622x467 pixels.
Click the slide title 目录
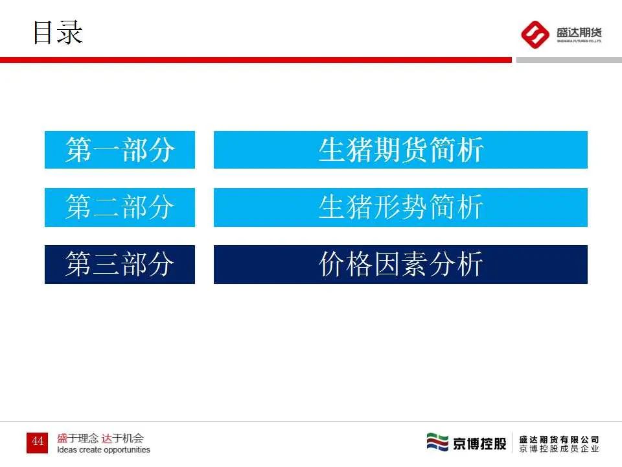[x=58, y=32]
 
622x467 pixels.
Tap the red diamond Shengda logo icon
[x=536, y=34]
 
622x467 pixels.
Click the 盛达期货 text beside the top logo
[x=579, y=32]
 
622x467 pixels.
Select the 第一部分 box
[x=120, y=150]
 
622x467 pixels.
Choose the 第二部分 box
[x=120, y=208]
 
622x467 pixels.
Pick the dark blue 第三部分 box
[x=120, y=265]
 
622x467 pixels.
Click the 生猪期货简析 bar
[x=400, y=150]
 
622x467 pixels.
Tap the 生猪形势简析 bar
[x=400, y=208]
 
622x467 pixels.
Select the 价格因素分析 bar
[x=400, y=265]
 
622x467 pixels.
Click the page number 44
[x=38, y=442]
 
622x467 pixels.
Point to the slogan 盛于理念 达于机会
[x=100, y=438]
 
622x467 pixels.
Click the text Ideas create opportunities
[x=104, y=449]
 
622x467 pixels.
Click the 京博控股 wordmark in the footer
[x=479, y=444]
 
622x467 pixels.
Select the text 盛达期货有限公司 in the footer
[x=559, y=439]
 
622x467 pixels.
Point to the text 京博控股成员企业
[x=559, y=449]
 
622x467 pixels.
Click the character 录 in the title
[x=71, y=32]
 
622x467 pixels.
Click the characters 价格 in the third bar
[x=346, y=265]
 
